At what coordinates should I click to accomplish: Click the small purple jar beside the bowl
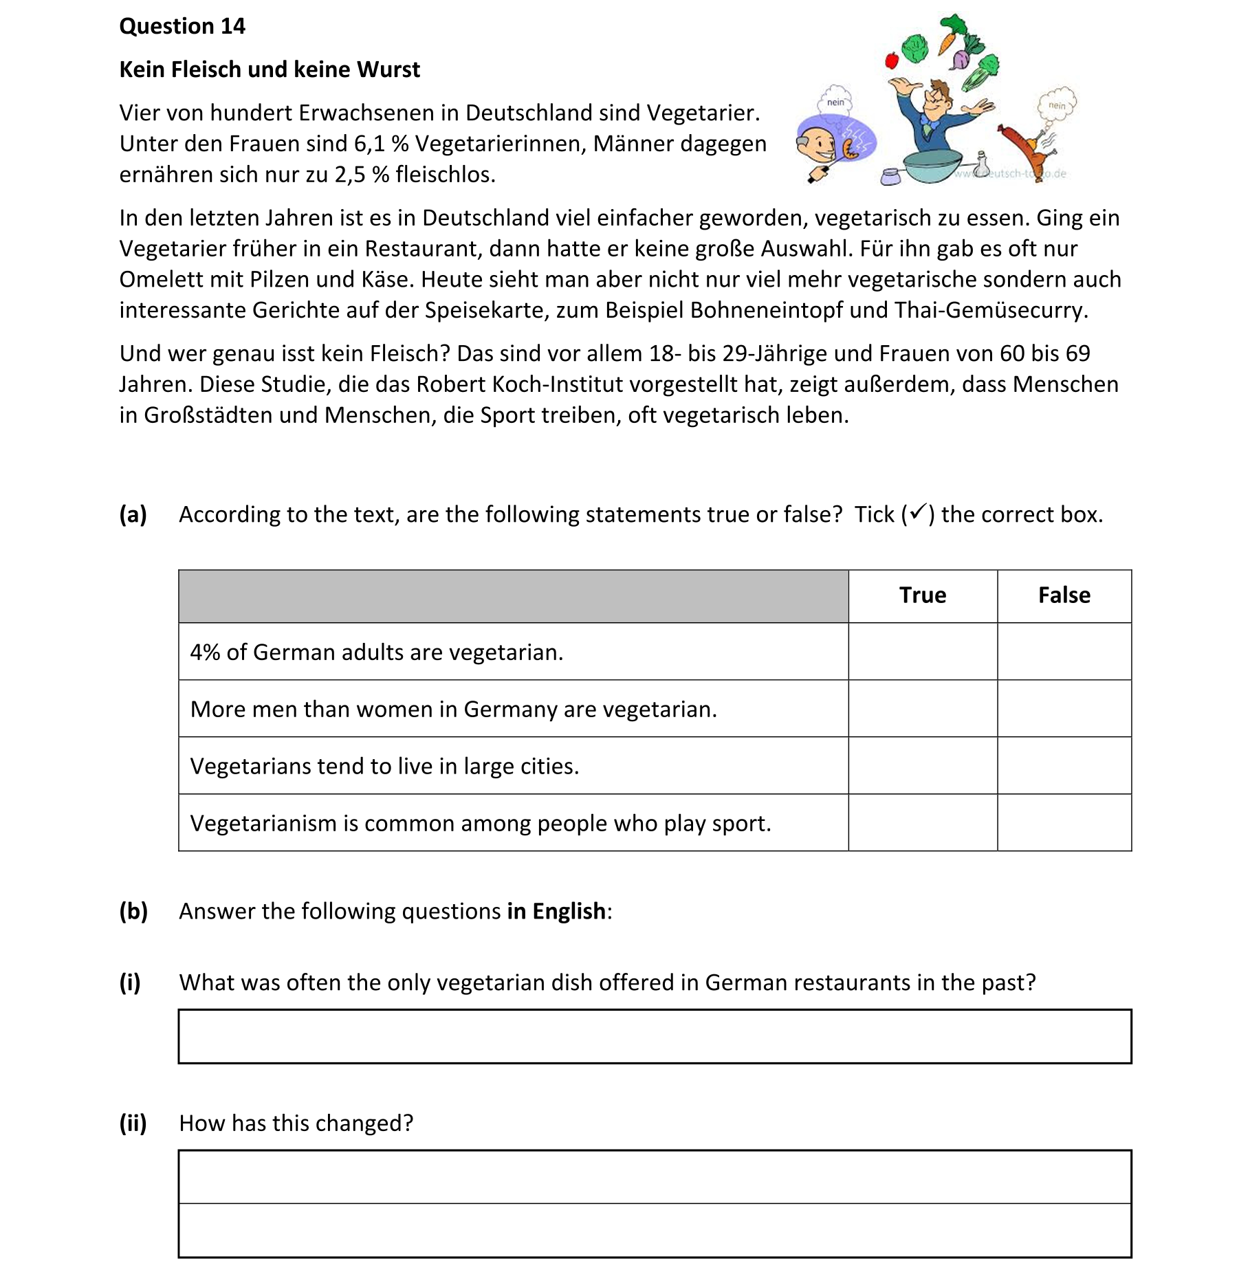[890, 177]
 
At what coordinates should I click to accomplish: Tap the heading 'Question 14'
[182, 26]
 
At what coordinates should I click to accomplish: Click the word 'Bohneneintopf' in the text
[766, 310]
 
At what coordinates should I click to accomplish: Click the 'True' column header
[922, 595]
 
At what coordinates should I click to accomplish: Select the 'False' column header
[1064, 595]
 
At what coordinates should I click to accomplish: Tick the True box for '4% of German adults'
[922, 652]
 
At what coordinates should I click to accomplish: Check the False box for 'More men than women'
[1064, 709]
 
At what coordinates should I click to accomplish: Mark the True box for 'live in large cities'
[922, 766]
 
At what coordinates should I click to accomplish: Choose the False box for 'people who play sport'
[1064, 823]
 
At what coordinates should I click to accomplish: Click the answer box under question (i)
[654, 1037]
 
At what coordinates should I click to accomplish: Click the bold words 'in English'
[556, 911]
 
